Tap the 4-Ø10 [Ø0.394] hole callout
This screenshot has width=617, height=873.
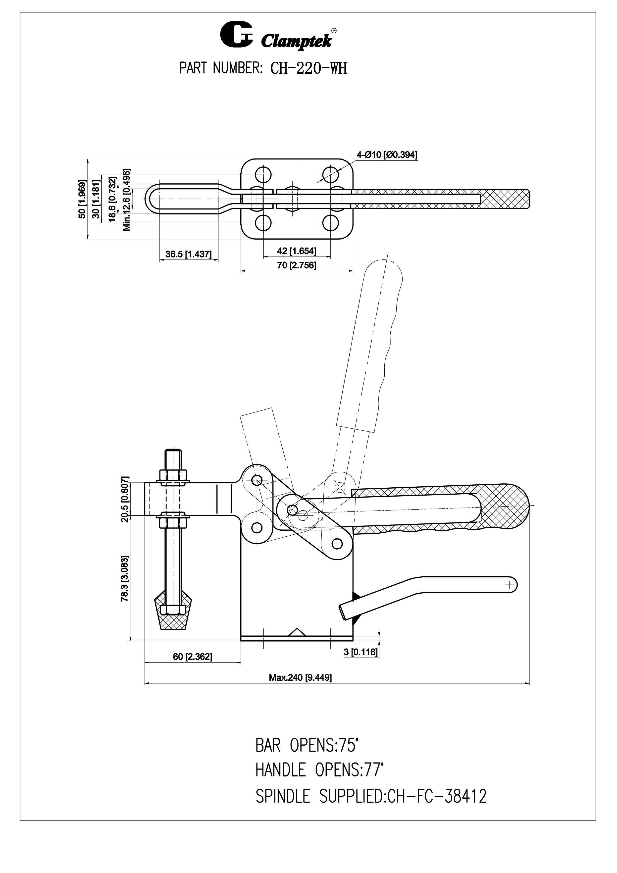[387, 155]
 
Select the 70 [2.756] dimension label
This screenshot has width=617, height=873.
[297, 265]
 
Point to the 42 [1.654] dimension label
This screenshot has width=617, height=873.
[297, 251]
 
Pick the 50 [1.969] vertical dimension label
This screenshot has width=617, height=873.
[82, 199]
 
